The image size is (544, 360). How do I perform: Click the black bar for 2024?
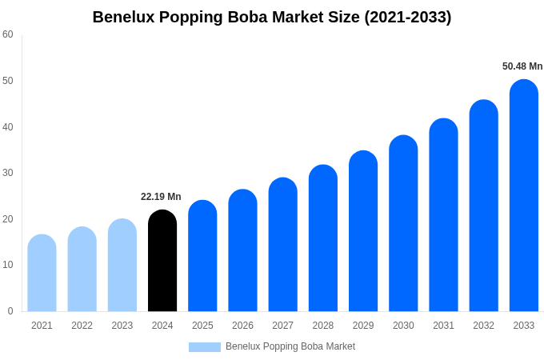pyautogui.click(x=162, y=261)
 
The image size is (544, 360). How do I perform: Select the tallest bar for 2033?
pyautogui.click(x=523, y=195)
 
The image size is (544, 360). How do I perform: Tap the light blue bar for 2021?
pyautogui.click(x=42, y=273)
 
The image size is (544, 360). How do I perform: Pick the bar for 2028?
pyautogui.click(x=323, y=238)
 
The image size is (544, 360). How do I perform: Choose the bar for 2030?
pyautogui.click(x=403, y=223)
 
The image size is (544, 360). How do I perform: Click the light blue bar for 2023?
pyautogui.click(x=122, y=265)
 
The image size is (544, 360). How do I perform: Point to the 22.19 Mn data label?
pyautogui.click(x=161, y=197)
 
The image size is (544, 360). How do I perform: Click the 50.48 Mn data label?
pyautogui.click(x=522, y=66)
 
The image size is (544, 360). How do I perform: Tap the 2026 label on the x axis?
pyautogui.click(x=242, y=326)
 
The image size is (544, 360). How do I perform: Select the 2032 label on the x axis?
pyautogui.click(x=483, y=326)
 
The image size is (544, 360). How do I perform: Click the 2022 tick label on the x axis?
pyautogui.click(x=82, y=326)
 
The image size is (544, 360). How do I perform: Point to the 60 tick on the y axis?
pyautogui.click(x=8, y=34)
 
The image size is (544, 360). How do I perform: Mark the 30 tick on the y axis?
pyautogui.click(x=8, y=173)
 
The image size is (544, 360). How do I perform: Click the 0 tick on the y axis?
pyautogui.click(x=10, y=311)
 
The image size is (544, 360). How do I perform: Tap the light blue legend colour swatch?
pyautogui.click(x=204, y=347)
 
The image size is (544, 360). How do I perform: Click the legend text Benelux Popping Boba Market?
pyautogui.click(x=290, y=346)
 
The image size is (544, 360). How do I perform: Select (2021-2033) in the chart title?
pyautogui.click(x=407, y=17)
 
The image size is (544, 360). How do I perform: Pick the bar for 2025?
pyautogui.click(x=202, y=256)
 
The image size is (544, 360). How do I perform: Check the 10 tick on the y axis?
pyautogui.click(x=8, y=265)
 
